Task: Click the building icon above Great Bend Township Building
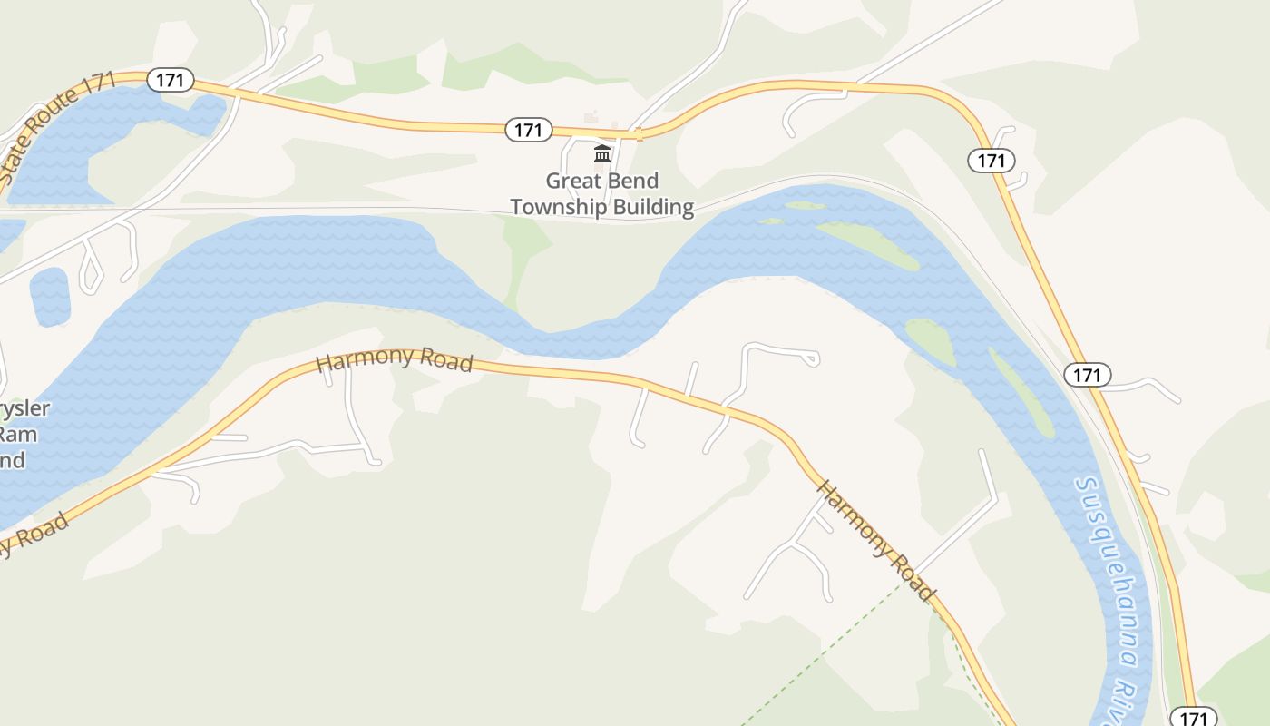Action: click(x=602, y=153)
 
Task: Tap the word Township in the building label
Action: click(x=559, y=207)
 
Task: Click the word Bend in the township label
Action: click(x=632, y=181)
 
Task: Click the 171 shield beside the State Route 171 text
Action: click(x=170, y=80)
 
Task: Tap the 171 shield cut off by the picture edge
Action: click(x=1194, y=717)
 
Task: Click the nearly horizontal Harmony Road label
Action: click(x=395, y=359)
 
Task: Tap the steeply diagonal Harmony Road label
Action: click(x=875, y=540)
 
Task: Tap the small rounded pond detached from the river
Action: click(x=50, y=297)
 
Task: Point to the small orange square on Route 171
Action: click(x=640, y=135)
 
